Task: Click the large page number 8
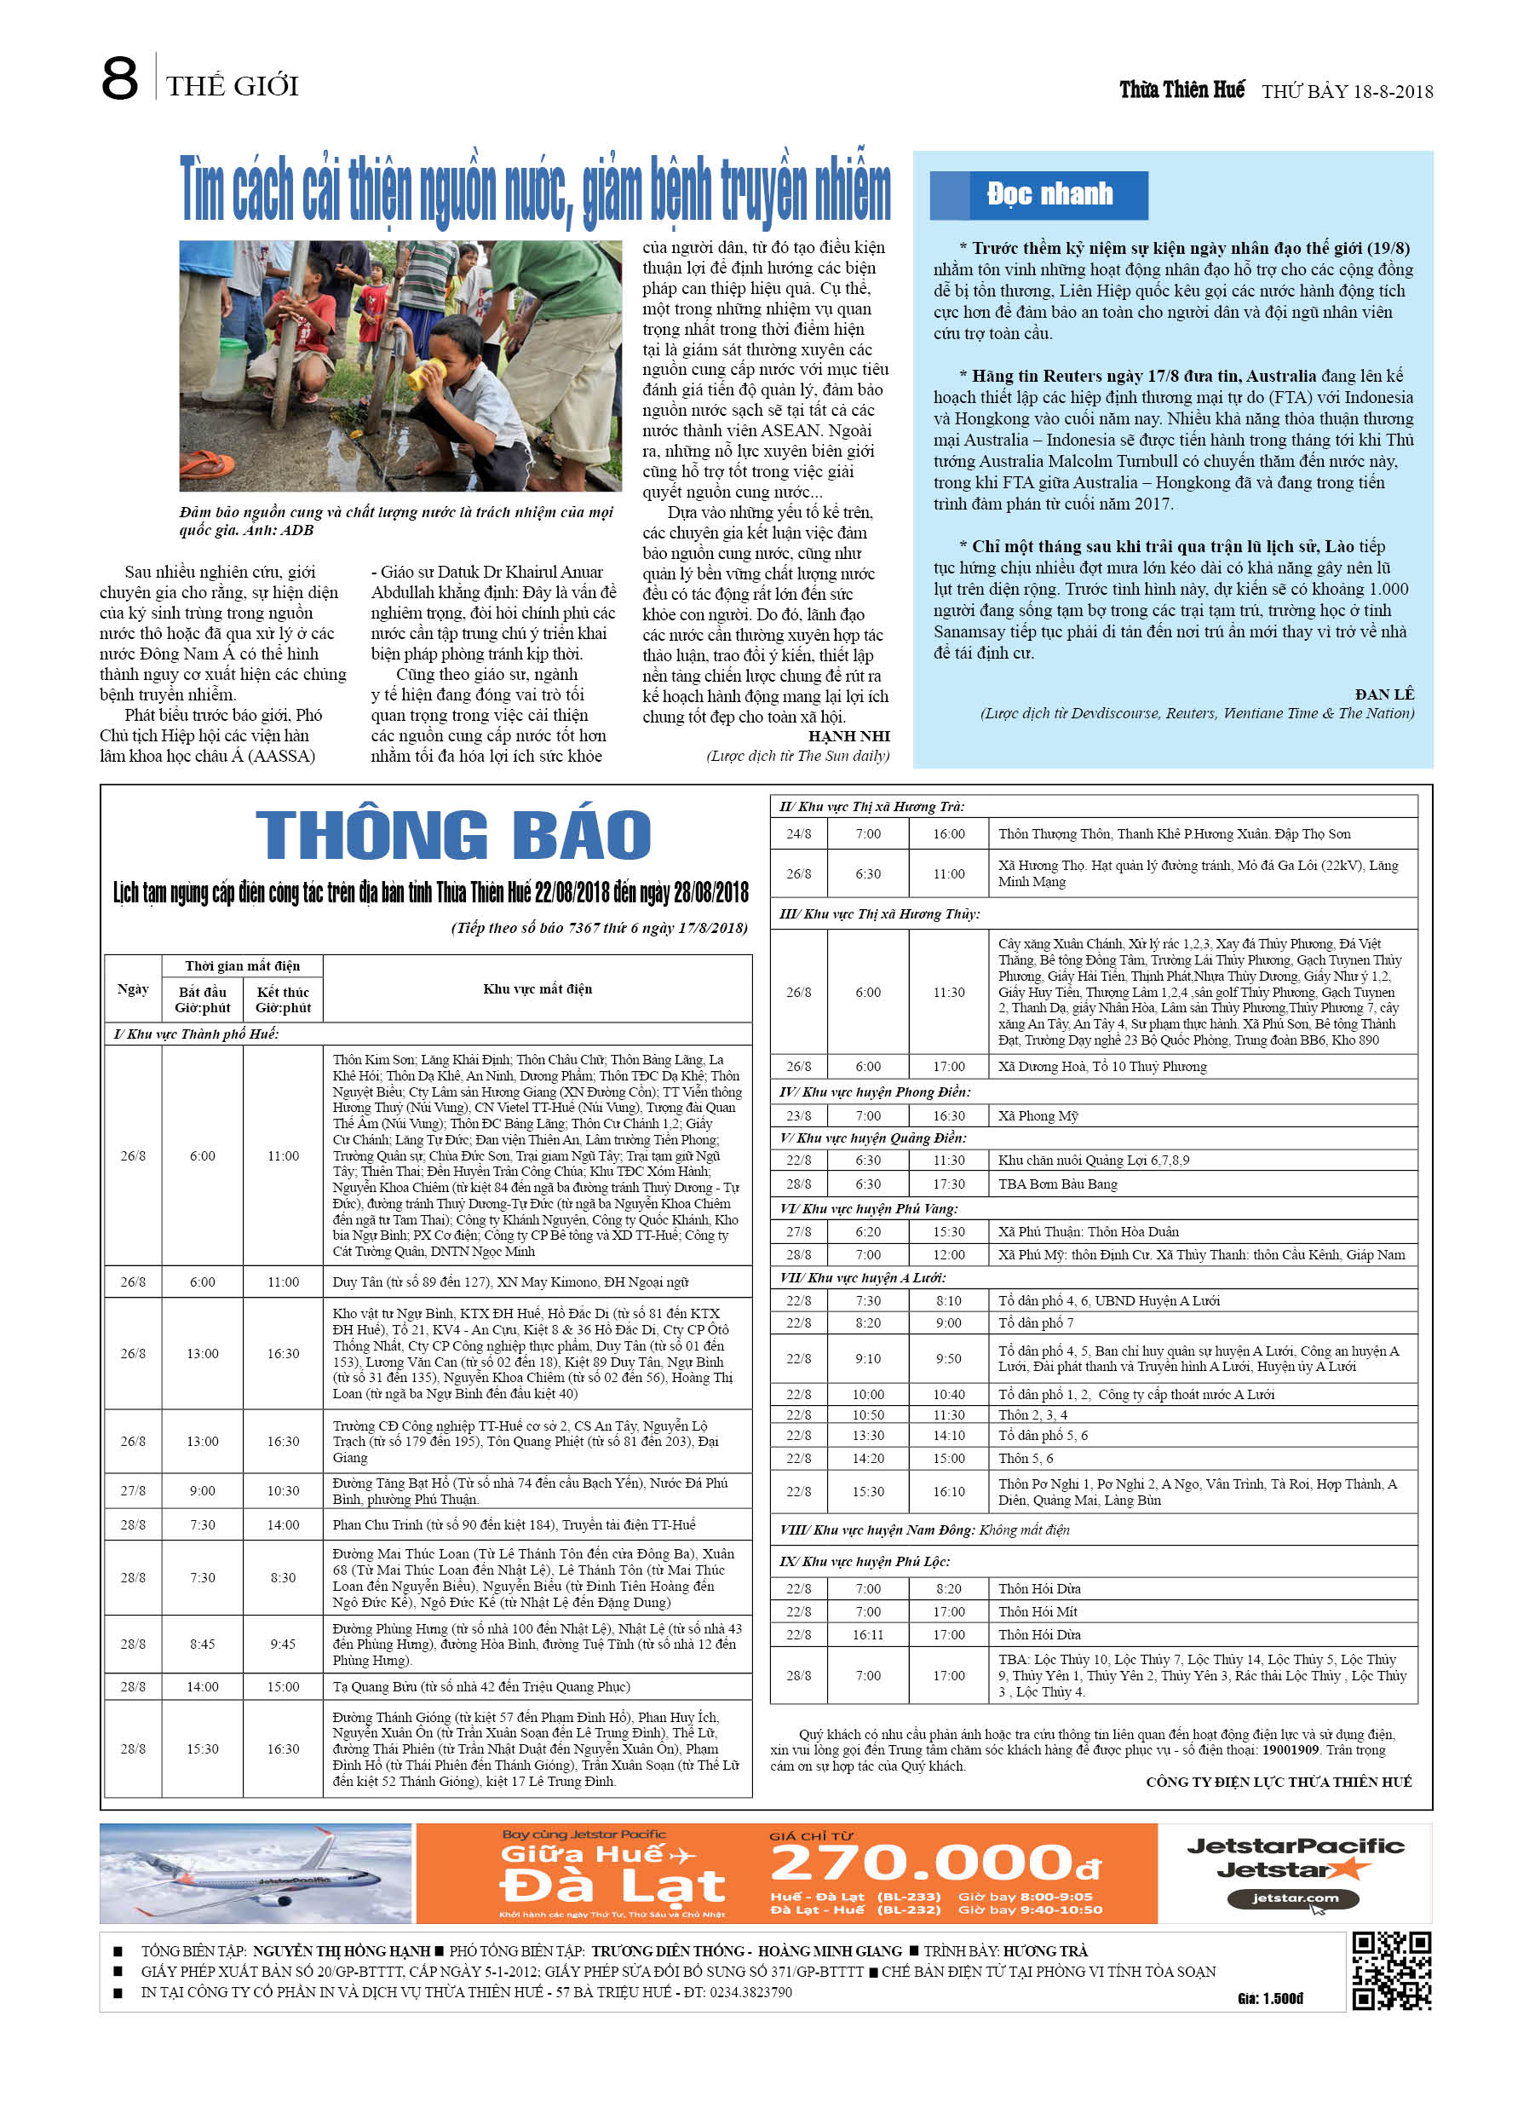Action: pos(119,79)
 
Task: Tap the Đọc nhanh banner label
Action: pos(1049,194)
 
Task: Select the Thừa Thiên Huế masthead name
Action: pos(1181,89)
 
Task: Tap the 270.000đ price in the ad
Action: pos(934,1864)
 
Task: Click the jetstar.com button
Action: pos(1295,1898)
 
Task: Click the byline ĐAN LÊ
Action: pos(1384,694)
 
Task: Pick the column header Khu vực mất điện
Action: pos(537,989)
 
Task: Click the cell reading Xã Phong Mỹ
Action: pos(1038,1115)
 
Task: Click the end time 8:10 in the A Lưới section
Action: pos(949,1301)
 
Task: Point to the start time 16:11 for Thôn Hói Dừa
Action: pos(868,1635)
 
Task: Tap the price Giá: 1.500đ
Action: pos(1270,1998)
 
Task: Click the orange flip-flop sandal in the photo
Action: pos(206,464)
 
